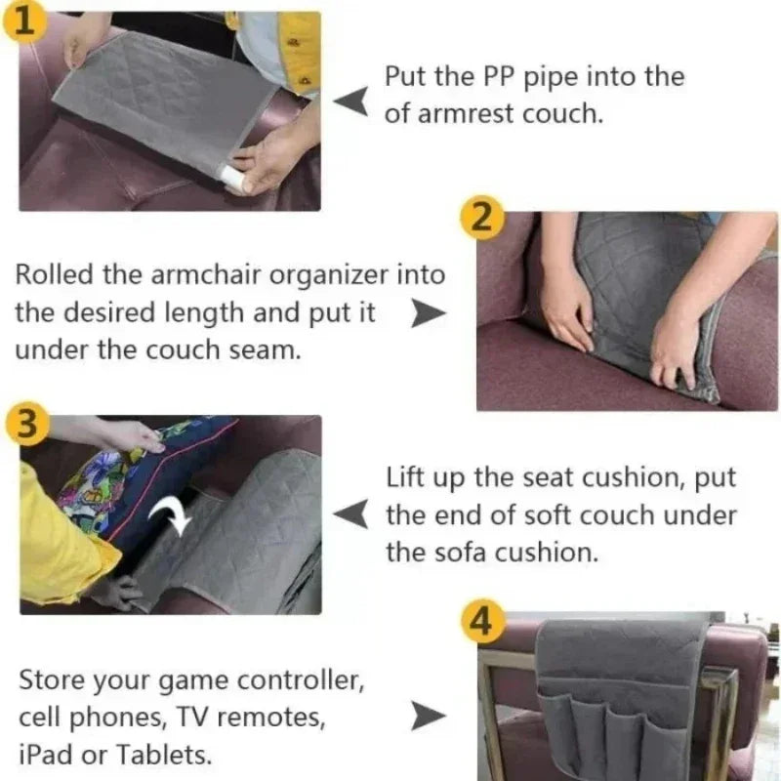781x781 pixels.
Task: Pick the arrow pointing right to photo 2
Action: point(428,314)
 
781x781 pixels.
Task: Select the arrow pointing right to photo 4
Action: point(428,716)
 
